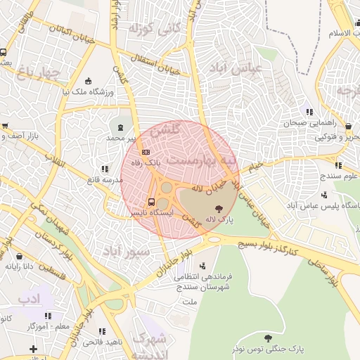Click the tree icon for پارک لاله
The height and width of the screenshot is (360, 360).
coord(219,208)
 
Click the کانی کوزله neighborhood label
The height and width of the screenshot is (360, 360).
coord(150,30)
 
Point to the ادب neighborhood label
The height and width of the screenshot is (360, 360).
coord(30,299)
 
